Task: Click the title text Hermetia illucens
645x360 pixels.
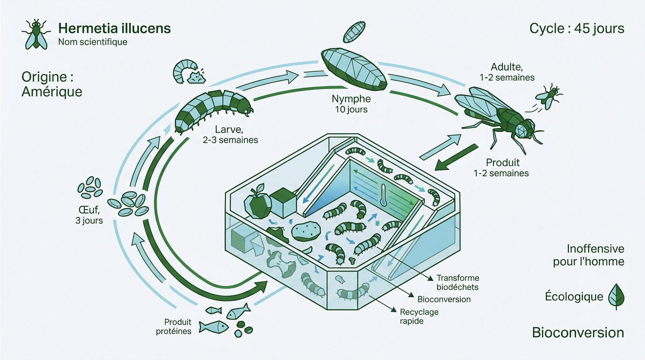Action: coord(114,28)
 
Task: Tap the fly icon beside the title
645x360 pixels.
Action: coord(36,35)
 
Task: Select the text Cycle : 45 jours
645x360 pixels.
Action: coord(577,29)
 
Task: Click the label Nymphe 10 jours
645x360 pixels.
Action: coord(351,104)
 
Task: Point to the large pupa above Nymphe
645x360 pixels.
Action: coord(354,69)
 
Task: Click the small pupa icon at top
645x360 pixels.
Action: coord(354,32)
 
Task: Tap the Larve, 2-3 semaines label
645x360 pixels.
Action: coord(230,135)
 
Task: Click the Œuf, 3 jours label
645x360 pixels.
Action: coord(89,215)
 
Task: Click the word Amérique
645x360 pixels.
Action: coord(52,92)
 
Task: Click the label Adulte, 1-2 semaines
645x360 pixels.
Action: coord(507,72)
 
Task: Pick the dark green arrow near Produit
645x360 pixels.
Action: coord(456,157)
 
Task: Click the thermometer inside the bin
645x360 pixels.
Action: coord(383,195)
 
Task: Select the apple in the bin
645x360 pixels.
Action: coord(258,202)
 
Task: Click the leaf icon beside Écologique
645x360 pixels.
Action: coord(616,296)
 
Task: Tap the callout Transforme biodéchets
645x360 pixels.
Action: coord(458,283)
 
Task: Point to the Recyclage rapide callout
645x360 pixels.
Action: coord(419,316)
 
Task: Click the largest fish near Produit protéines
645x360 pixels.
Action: coord(214,327)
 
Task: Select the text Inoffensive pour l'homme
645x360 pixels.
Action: coord(589,255)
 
